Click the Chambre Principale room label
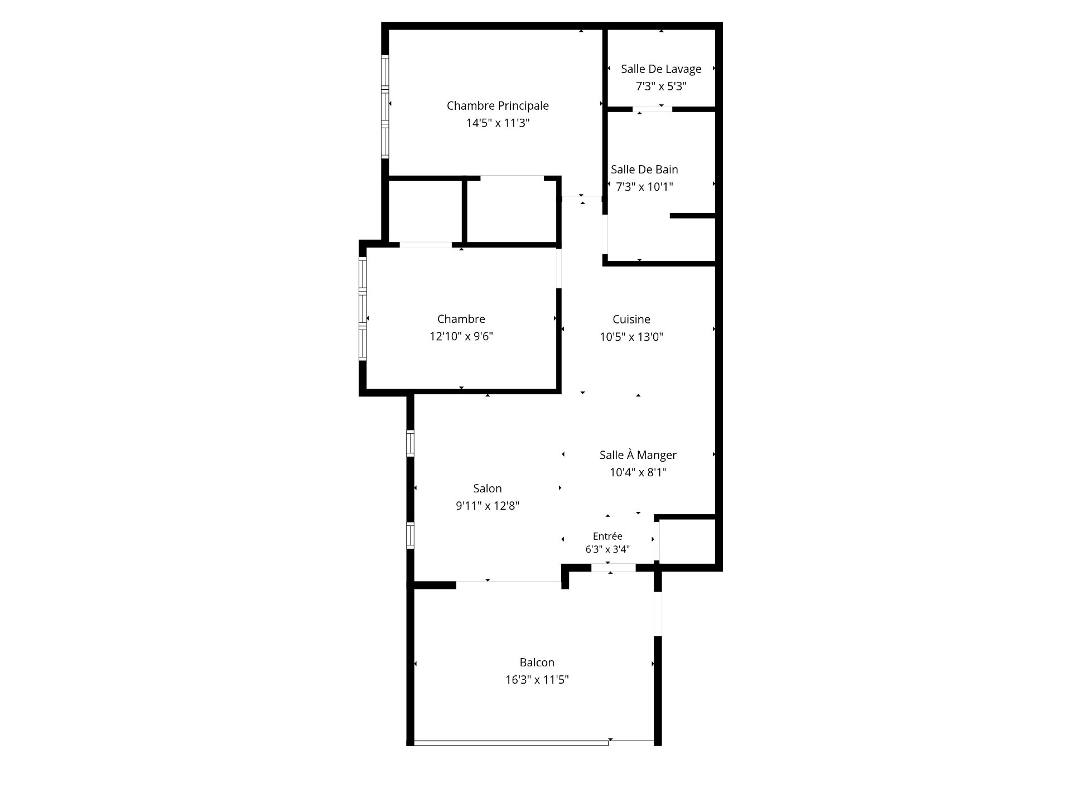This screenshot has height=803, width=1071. (x=498, y=106)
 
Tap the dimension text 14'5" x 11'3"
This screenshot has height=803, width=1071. (x=498, y=123)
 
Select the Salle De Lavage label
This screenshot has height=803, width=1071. (x=661, y=69)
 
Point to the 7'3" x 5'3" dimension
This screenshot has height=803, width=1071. (x=661, y=86)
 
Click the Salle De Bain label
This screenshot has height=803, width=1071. (x=644, y=170)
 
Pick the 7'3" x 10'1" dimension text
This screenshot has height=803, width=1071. (x=644, y=187)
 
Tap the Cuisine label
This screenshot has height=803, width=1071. (x=631, y=320)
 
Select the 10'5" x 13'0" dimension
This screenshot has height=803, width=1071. (x=631, y=337)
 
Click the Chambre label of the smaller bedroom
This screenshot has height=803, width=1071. (x=461, y=319)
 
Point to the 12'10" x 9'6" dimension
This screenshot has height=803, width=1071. (x=461, y=336)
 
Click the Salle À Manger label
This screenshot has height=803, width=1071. (x=638, y=455)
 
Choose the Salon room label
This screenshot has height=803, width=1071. (x=488, y=488)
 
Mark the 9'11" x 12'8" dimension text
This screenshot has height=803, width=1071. (x=488, y=506)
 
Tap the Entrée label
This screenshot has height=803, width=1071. (x=607, y=536)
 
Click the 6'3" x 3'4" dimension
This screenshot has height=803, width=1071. (x=607, y=549)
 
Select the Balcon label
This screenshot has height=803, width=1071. (x=537, y=662)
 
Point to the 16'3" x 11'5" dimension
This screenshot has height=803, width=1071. (x=537, y=680)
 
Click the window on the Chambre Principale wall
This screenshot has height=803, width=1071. (x=385, y=107)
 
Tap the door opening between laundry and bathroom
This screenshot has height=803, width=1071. (x=653, y=109)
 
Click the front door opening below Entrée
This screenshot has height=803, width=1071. (x=614, y=568)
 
